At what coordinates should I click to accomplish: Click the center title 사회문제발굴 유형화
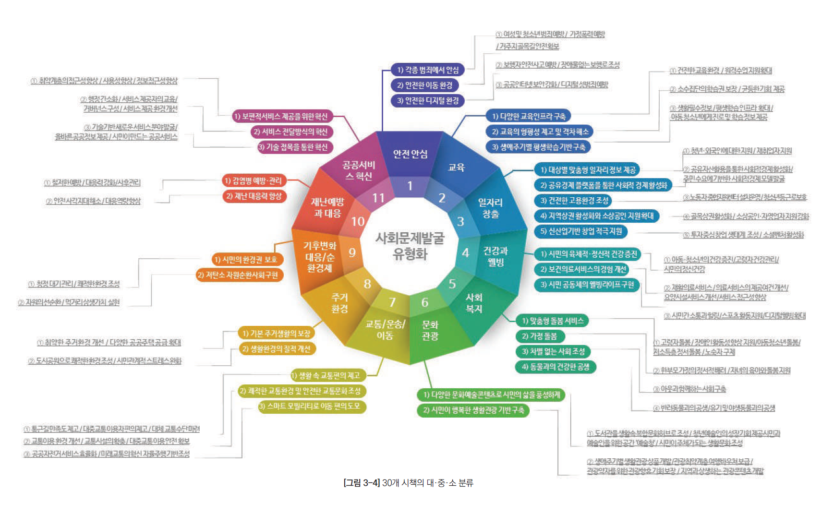410,246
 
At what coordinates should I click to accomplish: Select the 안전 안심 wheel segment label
410,154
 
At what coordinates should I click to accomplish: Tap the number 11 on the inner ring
378,198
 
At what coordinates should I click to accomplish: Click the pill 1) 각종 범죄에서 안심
427,70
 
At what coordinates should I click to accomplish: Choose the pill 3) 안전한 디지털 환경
427,101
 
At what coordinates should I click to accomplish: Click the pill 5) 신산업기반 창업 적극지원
580,231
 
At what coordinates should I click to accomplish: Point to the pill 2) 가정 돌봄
540,336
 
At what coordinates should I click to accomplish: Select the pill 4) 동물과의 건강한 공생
555,367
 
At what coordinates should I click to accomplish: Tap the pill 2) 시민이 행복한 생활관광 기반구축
473,410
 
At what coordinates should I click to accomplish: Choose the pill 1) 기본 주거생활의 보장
277,334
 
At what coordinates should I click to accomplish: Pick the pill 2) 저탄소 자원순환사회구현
239,275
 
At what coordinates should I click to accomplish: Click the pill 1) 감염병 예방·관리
254,181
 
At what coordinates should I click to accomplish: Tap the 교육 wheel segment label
456,167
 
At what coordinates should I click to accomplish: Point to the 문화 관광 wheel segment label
430,330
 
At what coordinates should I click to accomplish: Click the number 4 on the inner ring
465,252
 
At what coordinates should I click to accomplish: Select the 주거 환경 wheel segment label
339,303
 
